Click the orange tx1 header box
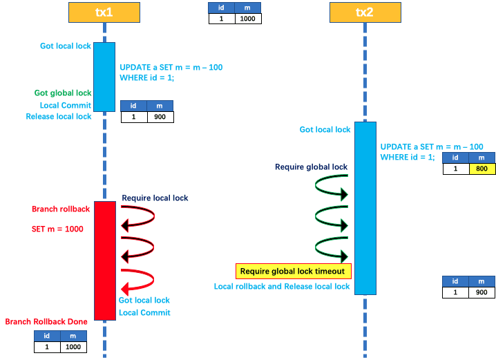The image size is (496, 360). click(x=104, y=12)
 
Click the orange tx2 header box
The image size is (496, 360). click(x=365, y=12)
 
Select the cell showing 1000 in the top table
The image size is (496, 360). click(x=248, y=19)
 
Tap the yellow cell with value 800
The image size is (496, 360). click(x=482, y=169)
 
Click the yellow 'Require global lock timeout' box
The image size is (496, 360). click(x=294, y=271)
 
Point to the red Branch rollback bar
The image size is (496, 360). click(x=105, y=260)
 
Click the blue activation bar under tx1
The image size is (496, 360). click(x=104, y=77)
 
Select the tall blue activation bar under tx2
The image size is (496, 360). click(x=365, y=208)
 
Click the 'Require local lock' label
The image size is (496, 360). click(x=155, y=198)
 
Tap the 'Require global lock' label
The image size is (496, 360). click(x=311, y=167)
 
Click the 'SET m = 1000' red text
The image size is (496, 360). click(x=57, y=229)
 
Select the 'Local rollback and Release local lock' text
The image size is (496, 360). click(x=282, y=286)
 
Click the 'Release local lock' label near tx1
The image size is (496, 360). click(x=59, y=117)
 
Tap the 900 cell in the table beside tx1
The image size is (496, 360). click(x=160, y=117)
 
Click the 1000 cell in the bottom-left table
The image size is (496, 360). click(x=73, y=347)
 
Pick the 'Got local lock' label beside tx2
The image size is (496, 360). click(x=325, y=130)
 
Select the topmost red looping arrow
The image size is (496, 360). click(x=138, y=216)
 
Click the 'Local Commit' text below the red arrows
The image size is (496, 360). click(x=144, y=313)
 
